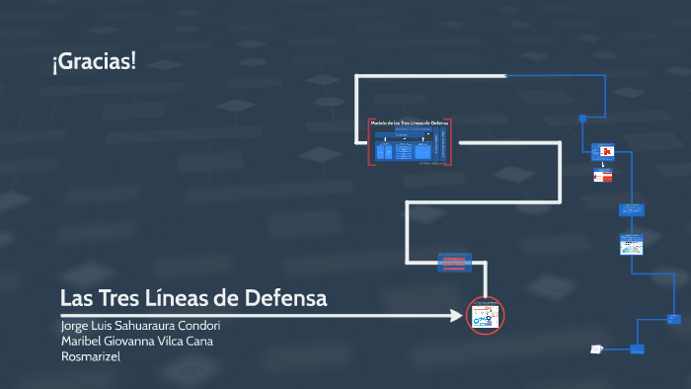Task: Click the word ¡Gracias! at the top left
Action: coord(94,62)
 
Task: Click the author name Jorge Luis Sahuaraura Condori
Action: coord(140,326)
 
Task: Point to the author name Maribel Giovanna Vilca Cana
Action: coord(136,342)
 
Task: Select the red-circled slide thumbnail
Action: coord(485,316)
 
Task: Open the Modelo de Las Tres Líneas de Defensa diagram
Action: coord(410,141)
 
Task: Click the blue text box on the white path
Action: coord(455,263)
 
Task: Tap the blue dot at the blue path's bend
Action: coord(582,118)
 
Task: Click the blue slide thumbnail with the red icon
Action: coord(603,152)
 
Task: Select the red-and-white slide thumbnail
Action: coord(603,176)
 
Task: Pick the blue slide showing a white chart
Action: coord(631,245)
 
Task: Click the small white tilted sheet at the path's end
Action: coord(596,349)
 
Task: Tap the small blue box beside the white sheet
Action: coord(639,349)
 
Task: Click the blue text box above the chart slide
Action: coord(632,209)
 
